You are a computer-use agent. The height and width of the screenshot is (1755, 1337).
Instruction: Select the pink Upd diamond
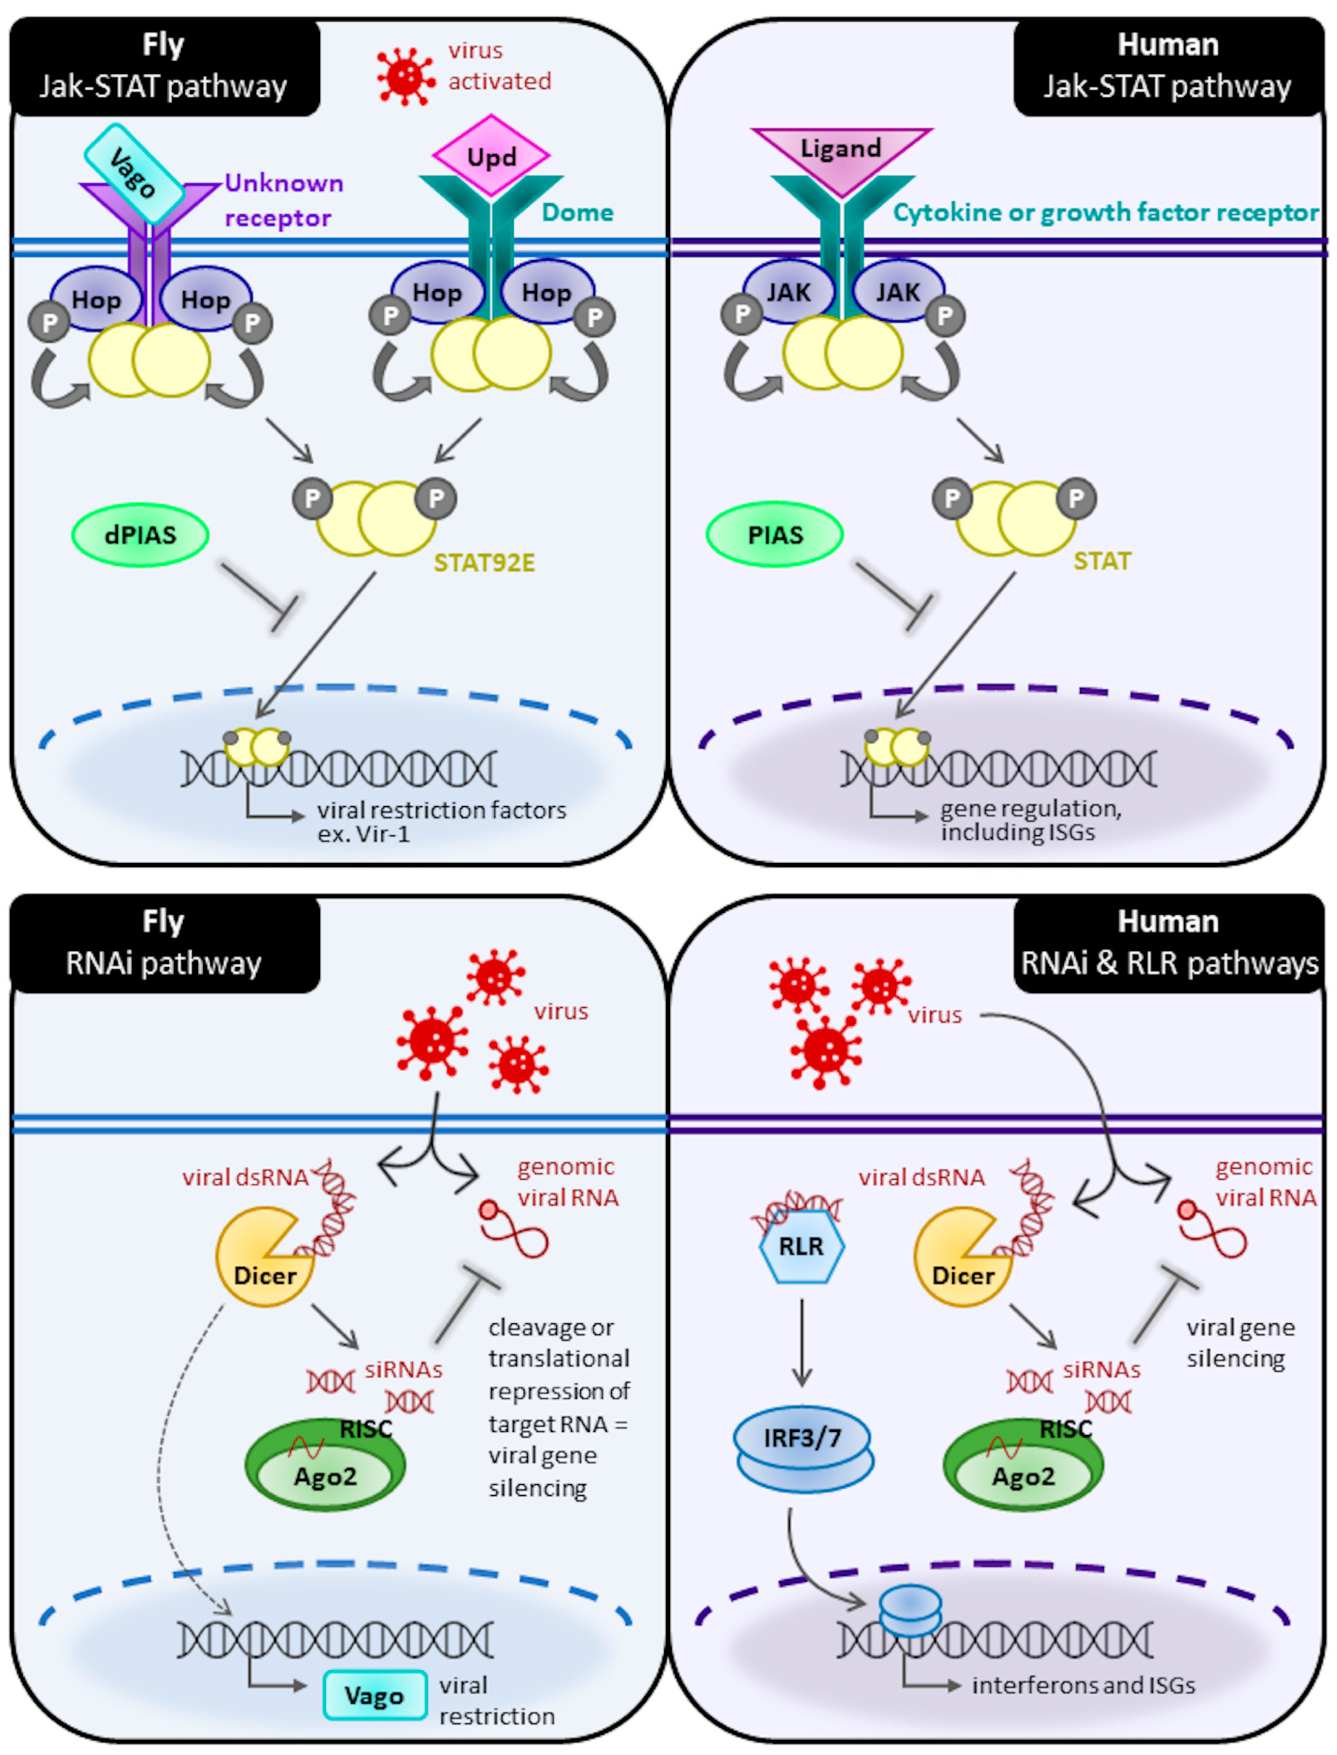pyautogui.click(x=491, y=156)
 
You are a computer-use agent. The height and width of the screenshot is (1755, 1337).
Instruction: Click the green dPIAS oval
pyautogui.click(x=140, y=534)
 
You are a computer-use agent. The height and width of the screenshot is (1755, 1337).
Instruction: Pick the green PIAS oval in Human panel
pyautogui.click(x=775, y=534)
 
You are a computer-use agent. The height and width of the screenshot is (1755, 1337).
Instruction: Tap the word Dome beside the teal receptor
pyautogui.click(x=578, y=212)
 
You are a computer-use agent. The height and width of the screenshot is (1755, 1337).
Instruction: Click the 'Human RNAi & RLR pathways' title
pyautogui.click(x=1168, y=943)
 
